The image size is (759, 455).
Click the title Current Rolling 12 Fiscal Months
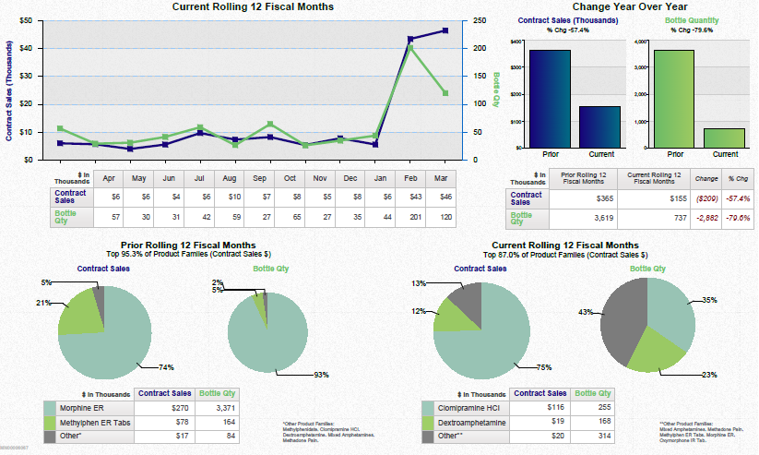click(253, 7)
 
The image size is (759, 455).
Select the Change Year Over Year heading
click(625, 7)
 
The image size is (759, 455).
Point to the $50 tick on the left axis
click(26, 20)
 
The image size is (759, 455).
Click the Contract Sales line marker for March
click(445, 30)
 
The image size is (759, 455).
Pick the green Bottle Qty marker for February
click(409, 48)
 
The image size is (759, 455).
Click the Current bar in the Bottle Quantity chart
click(724, 138)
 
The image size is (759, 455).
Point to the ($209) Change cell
click(680, 197)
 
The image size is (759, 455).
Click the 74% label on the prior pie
click(166, 367)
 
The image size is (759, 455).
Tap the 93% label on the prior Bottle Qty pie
click(322, 375)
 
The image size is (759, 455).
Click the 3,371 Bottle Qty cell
click(219, 408)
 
